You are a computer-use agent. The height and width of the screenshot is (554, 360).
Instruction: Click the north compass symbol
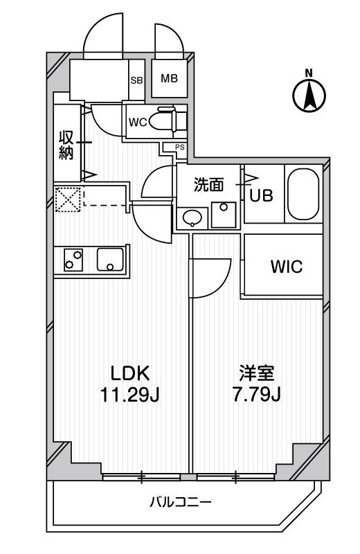click(309, 93)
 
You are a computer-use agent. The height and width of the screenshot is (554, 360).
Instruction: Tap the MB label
click(169, 78)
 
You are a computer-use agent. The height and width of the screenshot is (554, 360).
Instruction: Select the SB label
click(136, 80)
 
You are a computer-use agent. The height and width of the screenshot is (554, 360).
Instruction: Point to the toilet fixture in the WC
click(163, 121)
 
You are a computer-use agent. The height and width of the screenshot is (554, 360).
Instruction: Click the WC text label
click(138, 123)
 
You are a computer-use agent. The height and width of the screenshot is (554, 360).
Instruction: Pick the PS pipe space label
click(180, 147)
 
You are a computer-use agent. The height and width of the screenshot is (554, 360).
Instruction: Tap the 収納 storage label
click(66, 145)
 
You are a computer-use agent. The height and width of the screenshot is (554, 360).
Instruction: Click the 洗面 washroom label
click(209, 185)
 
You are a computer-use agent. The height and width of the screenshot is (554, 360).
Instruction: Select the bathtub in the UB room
click(303, 194)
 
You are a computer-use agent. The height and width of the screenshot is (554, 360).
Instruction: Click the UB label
click(262, 195)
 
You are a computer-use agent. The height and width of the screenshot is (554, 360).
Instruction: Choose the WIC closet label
click(287, 267)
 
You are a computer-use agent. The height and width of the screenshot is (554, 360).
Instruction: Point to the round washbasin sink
click(192, 217)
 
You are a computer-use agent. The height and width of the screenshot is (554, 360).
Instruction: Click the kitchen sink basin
click(110, 260)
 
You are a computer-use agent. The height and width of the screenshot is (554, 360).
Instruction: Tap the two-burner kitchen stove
click(73, 260)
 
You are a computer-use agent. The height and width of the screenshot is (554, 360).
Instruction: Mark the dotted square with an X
click(67, 199)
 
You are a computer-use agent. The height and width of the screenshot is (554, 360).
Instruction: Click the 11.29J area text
click(130, 395)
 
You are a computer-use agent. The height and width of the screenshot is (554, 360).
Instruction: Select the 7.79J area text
click(256, 395)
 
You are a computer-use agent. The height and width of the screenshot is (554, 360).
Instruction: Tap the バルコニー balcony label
click(180, 502)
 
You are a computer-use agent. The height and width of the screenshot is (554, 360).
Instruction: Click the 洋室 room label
click(257, 373)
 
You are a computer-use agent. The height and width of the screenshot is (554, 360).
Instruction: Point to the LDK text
click(130, 373)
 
